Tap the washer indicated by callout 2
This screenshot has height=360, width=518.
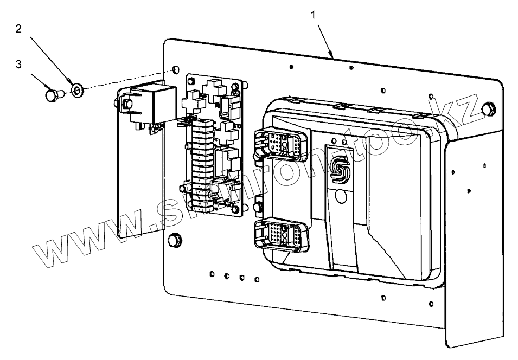[x=76, y=89]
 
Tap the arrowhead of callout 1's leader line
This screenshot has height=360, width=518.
[x=331, y=56]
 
